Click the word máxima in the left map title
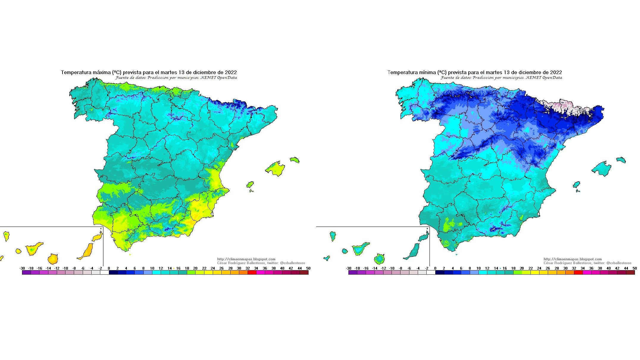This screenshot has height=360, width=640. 100,72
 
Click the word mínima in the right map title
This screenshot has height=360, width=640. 427,72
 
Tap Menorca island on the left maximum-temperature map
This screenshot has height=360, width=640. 294,160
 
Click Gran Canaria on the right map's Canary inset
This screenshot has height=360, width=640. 380,259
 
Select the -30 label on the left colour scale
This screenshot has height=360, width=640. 22,268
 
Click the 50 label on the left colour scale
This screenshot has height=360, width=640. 308,268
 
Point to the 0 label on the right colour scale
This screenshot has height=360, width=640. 435,268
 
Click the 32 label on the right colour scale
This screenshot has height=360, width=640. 574,268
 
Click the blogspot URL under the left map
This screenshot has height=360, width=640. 246,259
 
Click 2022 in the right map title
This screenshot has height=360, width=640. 556,72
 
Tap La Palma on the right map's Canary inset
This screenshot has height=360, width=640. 333,236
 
